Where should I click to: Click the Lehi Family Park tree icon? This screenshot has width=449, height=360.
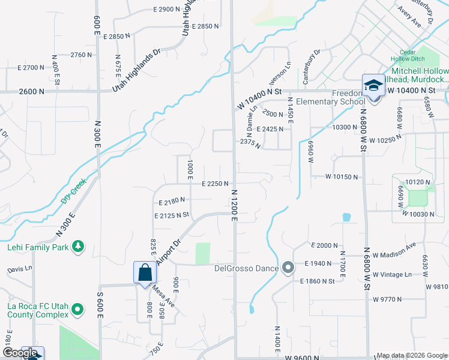tap(77, 246)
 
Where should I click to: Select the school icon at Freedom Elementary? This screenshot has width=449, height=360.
tap(373, 85)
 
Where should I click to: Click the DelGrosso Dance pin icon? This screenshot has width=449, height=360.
tap(288, 268)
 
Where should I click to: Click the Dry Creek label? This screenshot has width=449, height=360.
tap(74, 190)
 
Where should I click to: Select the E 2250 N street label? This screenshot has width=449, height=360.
tap(215, 184)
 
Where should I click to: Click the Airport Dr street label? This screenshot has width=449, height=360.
tap(169, 254)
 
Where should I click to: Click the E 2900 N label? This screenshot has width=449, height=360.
tap(166, 10)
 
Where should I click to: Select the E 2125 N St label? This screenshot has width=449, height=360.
tap(172, 215)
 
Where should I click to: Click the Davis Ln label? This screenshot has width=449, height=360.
tap(20, 269)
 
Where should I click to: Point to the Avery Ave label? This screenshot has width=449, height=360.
tap(409, 16)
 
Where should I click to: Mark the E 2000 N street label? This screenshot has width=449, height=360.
tap(325, 245)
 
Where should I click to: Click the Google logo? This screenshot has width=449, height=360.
tap(20, 353)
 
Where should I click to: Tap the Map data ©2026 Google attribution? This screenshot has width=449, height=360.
tap(411, 355)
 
